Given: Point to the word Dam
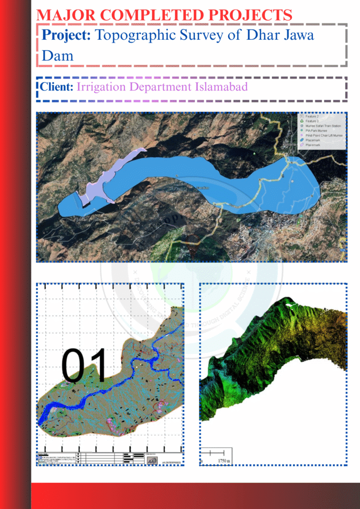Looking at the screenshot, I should coord(58,55).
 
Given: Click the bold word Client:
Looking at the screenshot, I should coord(57,87).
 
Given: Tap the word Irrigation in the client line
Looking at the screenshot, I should coord(102,87).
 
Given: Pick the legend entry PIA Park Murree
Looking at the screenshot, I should coord(317,131).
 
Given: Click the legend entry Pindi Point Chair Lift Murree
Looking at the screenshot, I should coord(324,136).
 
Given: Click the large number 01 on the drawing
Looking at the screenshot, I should coord(84,365).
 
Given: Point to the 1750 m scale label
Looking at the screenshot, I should coord(224,461).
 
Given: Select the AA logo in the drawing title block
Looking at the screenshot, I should coord(153,460).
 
